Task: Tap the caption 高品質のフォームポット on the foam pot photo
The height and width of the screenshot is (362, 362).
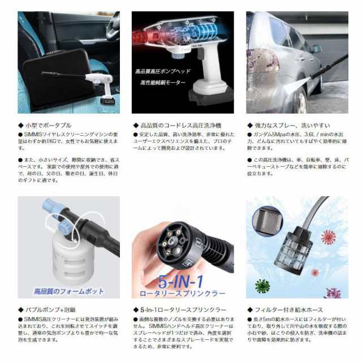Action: (69, 291)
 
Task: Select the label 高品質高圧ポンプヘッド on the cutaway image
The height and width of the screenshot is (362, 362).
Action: (162, 72)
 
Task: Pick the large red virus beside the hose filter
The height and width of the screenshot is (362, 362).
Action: (328, 236)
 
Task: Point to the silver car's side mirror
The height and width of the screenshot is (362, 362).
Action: (316, 49)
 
